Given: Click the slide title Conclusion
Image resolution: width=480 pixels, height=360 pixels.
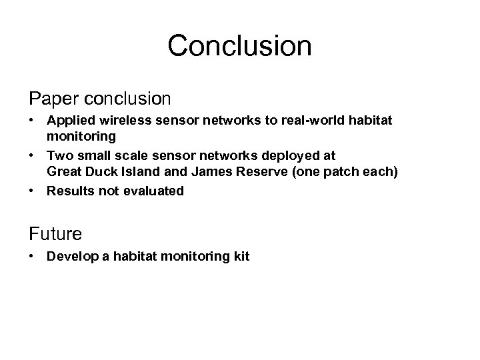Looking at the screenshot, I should coord(239,46).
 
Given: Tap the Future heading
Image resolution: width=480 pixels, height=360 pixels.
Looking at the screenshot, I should coord(55,233).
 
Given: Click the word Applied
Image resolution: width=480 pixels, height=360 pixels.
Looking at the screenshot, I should coord(69,122).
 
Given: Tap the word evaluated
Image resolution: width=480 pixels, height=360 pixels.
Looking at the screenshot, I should coord(152,191).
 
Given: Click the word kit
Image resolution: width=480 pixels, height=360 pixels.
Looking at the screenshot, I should coord(240,256).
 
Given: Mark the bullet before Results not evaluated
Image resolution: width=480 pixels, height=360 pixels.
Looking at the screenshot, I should coord(32,191).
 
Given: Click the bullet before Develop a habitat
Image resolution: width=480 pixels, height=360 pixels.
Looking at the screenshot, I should coord(32,256).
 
